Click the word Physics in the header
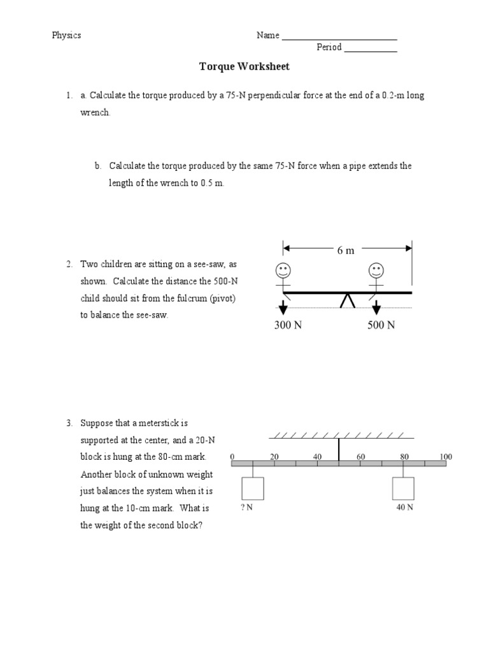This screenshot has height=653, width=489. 66,35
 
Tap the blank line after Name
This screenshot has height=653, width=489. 339,38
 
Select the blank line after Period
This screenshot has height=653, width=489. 371,50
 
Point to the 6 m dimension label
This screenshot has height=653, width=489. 346,250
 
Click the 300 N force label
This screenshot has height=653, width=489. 288,325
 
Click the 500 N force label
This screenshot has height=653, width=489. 381,325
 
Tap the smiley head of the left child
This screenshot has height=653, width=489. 283,270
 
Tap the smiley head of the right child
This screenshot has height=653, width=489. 376,270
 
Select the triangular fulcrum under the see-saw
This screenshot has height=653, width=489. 348,300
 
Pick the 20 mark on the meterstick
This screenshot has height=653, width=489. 274,457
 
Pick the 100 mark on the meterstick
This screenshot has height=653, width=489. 446,457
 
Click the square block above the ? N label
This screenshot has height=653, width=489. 253,488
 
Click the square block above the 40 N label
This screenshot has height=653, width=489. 403,488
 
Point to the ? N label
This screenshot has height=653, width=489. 248,508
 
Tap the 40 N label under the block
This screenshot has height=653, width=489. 404,508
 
